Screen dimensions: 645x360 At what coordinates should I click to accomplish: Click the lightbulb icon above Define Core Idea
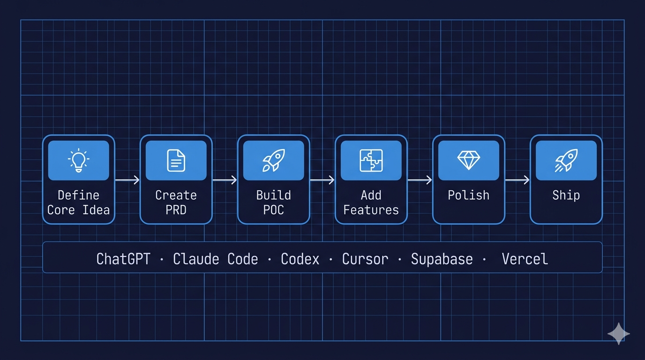(x=78, y=160)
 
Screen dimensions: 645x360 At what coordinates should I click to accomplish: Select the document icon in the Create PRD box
(x=176, y=160)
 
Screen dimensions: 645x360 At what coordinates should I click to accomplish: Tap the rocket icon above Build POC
(x=273, y=160)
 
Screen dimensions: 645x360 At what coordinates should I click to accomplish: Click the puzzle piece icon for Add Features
(x=371, y=160)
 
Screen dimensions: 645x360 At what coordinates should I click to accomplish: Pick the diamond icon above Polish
(x=468, y=160)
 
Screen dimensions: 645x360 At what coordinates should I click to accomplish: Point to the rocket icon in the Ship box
(x=566, y=160)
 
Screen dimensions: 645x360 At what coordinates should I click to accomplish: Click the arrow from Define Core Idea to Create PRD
(x=127, y=180)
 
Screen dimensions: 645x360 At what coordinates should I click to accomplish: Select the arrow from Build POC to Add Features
(x=322, y=180)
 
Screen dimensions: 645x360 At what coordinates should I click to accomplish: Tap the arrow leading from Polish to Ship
(x=517, y=180)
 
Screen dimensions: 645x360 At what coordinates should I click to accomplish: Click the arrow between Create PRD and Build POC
(x=225, y=180)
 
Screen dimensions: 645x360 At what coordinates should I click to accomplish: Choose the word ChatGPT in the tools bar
(x=123, y=259)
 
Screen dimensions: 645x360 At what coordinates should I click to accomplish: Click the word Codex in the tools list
(x=300, y=259)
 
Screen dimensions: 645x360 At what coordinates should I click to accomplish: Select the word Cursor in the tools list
(x=365, y=259)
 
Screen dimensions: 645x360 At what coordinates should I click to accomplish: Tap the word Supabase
(x=442, y=259)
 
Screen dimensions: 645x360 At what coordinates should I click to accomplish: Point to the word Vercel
(x=525, y=259)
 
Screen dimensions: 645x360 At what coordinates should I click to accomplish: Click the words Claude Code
(x=216, y=259)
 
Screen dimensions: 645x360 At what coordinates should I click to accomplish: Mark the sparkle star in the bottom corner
(x=618, y=333)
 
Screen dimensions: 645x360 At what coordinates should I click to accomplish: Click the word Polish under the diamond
(x=468, y=195)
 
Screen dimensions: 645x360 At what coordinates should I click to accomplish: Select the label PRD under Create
(x=176, y=210)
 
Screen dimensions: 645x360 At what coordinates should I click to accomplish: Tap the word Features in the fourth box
(x=371, y=210)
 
